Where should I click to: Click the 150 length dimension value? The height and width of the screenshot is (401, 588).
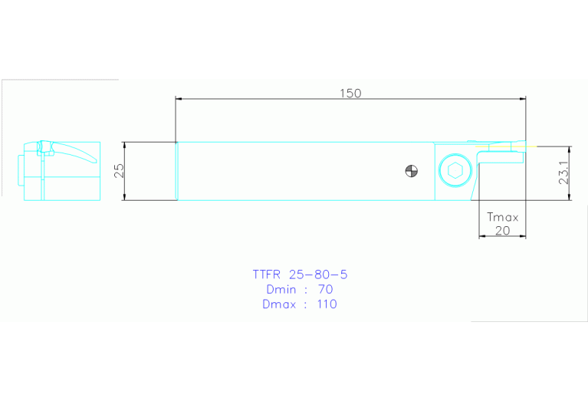(350, 93)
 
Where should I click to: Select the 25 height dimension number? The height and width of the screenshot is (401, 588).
(119, 171)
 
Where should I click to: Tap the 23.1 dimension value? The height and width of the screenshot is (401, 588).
(563, 173)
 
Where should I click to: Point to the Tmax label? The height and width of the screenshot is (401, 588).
(502, 217)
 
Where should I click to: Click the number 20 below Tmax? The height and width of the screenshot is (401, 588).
(502, 230)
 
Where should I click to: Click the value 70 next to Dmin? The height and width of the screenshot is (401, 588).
(325, 289)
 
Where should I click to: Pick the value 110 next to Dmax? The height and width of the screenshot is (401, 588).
(325, 304)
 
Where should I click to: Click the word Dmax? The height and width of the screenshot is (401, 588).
(278, 304)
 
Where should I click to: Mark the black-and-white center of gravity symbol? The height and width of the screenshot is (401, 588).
(412, 171)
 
